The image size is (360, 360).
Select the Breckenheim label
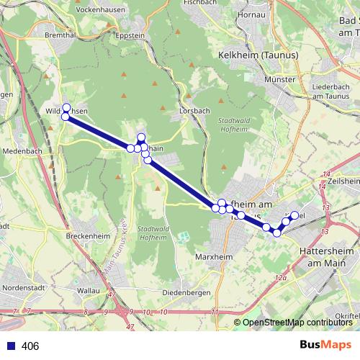pyautogui.click(x=86, y=237)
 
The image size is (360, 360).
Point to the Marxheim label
pyautogui.click(x=212, y=256)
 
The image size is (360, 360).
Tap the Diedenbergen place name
pyautogui.click(x=185, y=292)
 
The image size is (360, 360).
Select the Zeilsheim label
pyautogui.click(x=344, y=183)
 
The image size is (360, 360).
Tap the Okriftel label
pyautogui.click(x=346, y=315)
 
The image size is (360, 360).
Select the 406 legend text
pyautogui.click(x=30, y=346)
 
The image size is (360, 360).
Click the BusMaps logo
pyautogui.click(x=326, y=345)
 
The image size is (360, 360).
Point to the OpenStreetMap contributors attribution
pyautogui.click(x=297, y=323)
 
